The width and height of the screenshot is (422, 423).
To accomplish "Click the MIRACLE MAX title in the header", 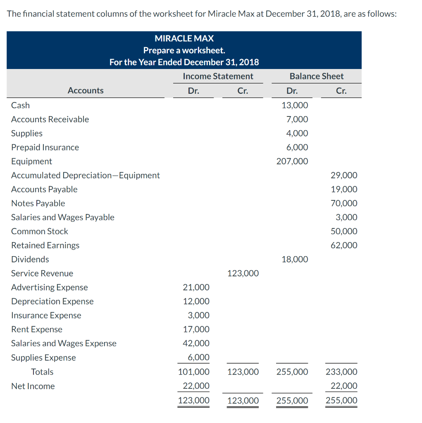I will coord(184,38).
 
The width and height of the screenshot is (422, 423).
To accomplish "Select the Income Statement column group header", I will coord(218,76).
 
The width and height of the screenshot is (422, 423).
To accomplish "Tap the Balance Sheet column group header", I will coord(316,76).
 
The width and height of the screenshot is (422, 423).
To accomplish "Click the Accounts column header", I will coord(86,90).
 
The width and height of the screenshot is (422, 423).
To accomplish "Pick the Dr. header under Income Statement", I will coord(193,90).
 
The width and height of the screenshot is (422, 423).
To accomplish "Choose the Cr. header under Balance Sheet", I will coord(341,90).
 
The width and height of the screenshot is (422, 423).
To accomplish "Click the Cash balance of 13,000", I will coord(294,105).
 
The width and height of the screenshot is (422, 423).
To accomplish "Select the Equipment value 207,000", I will coord(292,162).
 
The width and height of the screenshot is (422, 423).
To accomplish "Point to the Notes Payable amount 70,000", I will coord(344,203).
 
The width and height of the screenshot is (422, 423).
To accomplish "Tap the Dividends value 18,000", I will coord(294,259).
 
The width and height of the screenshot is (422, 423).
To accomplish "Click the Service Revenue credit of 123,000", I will coord(243,273).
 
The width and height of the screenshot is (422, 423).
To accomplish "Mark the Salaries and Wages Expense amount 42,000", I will coord(196,343).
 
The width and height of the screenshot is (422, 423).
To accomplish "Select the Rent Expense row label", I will coord(37,329).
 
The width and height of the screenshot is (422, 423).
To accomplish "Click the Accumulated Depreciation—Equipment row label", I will coord(85,175).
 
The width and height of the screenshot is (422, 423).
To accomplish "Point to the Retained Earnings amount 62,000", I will coord(344,245).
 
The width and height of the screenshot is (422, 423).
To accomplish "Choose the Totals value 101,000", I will coord(193,372).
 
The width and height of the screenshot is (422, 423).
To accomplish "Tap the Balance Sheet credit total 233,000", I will coord(341,372).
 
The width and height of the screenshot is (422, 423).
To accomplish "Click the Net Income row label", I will coord(33,386).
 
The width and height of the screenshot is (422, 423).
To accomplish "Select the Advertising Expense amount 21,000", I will coord(196,288).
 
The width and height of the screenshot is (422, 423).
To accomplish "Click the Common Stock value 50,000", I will coord(344,231).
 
